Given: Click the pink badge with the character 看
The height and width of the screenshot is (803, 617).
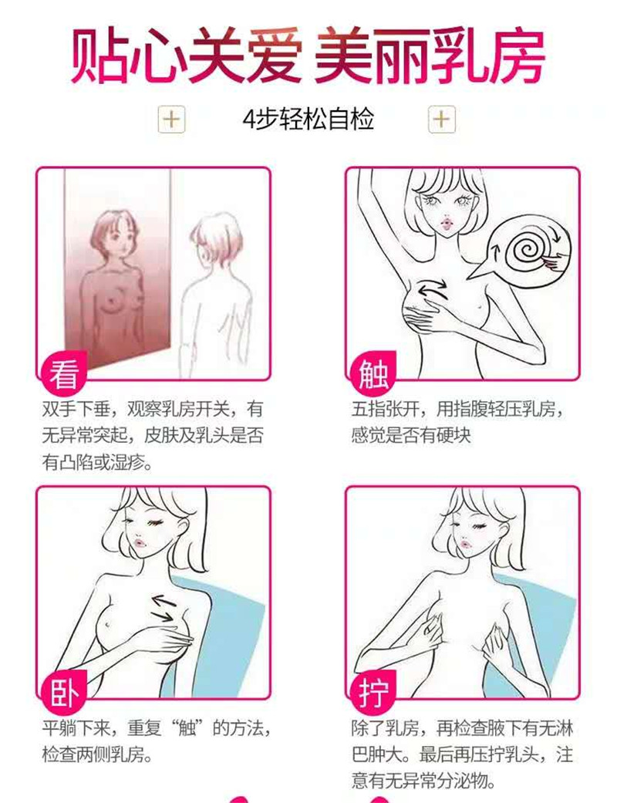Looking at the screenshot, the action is pyautogui.click(x=62, y=373).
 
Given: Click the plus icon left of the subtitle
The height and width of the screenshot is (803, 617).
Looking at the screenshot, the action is pyautogui.click(x=171, y=120).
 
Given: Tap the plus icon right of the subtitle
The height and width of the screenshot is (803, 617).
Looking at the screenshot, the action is pyautogui.click(x=441, y=120).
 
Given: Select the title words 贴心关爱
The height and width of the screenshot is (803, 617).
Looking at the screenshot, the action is pyautogui.click(x=186, y=56).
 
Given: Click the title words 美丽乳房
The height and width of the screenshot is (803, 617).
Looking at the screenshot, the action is pyautogui.click(x=429, y=56).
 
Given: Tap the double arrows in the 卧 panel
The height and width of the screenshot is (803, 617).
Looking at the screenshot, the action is pyautogui.click(x=164, y=608).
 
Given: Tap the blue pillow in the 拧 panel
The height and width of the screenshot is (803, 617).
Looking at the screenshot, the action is pyautogui.click(x=532, y=635).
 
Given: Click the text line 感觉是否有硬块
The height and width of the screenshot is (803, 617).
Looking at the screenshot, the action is pyautogui.click(x=410, y=436).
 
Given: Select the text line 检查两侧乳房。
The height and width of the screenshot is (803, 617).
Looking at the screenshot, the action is pyautogui.click(x=98, y=754).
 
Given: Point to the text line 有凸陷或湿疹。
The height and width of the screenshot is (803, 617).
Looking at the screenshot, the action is pyautogui.click(x=98, y=463).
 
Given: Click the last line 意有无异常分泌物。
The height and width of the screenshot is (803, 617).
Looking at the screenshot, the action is pyautogui.click(x=424, y=781).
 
